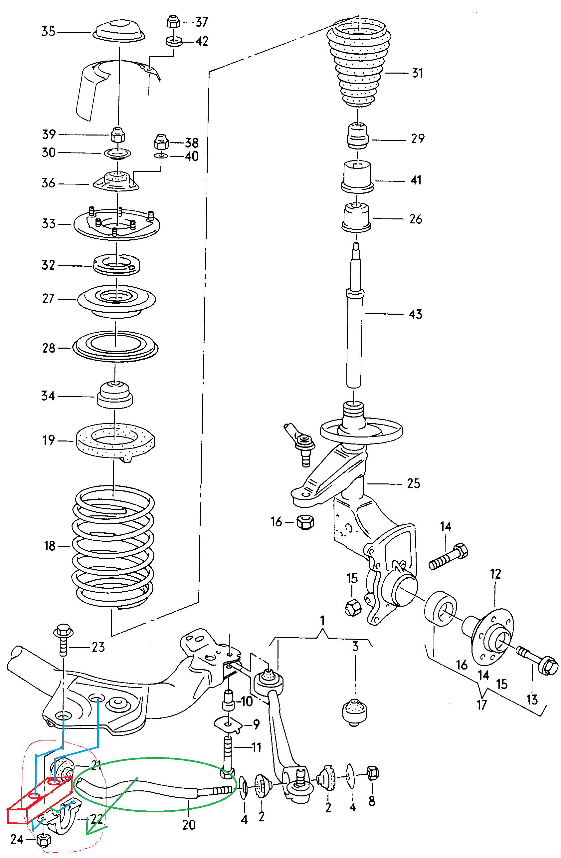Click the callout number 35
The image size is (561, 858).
tap(48, 32)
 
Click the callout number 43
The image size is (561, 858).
tap(415, 314)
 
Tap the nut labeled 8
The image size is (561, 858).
tap(373, 773)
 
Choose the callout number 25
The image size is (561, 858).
tap(413, 483)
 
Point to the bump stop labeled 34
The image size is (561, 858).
tap(114, 395)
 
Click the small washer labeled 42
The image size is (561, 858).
tap(174, 41)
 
